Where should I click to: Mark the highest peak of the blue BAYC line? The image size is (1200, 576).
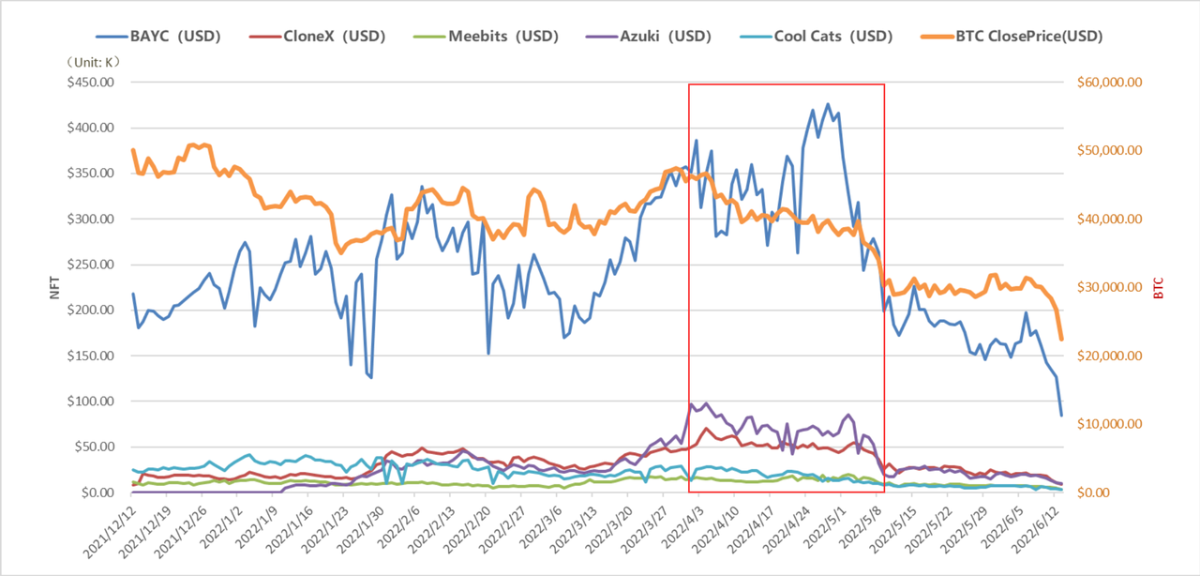(827, 104)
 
